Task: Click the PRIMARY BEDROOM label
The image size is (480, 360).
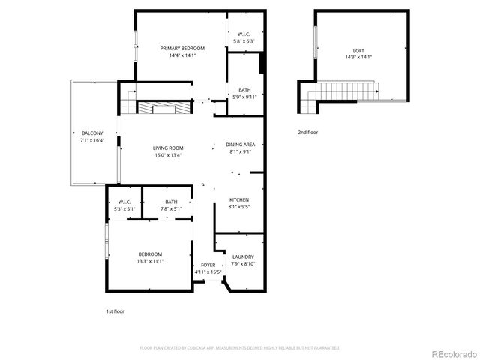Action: tap(181, 48)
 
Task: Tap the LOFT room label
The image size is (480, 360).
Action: tap(359, 50)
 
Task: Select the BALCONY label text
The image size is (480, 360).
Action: tap(92, 133)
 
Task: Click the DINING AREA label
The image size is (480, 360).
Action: tap(240, 145)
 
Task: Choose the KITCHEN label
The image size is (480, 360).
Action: tap(239, 199)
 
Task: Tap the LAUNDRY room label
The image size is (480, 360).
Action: tap(244, 256)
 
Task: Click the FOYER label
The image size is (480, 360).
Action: tap(208, 265)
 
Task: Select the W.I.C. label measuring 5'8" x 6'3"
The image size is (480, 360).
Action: tap(244, 34)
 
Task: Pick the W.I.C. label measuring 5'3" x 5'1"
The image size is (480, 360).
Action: tap(125, 202)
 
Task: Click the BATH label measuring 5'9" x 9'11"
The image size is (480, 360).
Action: tap(244, 90)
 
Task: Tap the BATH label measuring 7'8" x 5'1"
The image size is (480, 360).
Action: tap(171, 202)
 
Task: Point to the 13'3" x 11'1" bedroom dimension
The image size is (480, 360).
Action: tap(150, 261)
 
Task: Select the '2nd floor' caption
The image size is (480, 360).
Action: tap(307, 133)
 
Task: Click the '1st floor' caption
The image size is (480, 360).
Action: tap(115, 310)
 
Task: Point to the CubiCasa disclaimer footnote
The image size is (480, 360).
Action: tap(239, 347)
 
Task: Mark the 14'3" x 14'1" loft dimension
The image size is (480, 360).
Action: tap(359, 57)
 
